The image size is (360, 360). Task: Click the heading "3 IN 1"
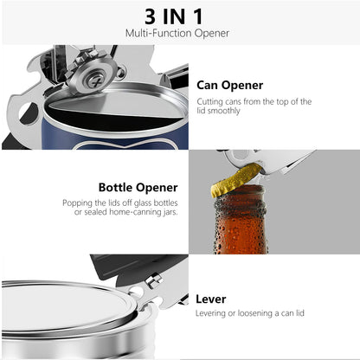[x=179, y=16]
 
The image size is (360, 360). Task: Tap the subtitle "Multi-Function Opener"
[x=179, y=33]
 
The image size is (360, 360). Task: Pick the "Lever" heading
[x=210, y=299]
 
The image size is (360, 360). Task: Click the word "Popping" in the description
[x=76, y=202]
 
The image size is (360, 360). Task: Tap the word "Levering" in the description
[x=213, y=313]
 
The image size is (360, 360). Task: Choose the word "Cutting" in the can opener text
[x=210, y=101]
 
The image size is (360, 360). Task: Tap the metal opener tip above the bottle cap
[x=260, y=159]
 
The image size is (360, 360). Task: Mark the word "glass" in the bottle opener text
[x=150, y=202]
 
